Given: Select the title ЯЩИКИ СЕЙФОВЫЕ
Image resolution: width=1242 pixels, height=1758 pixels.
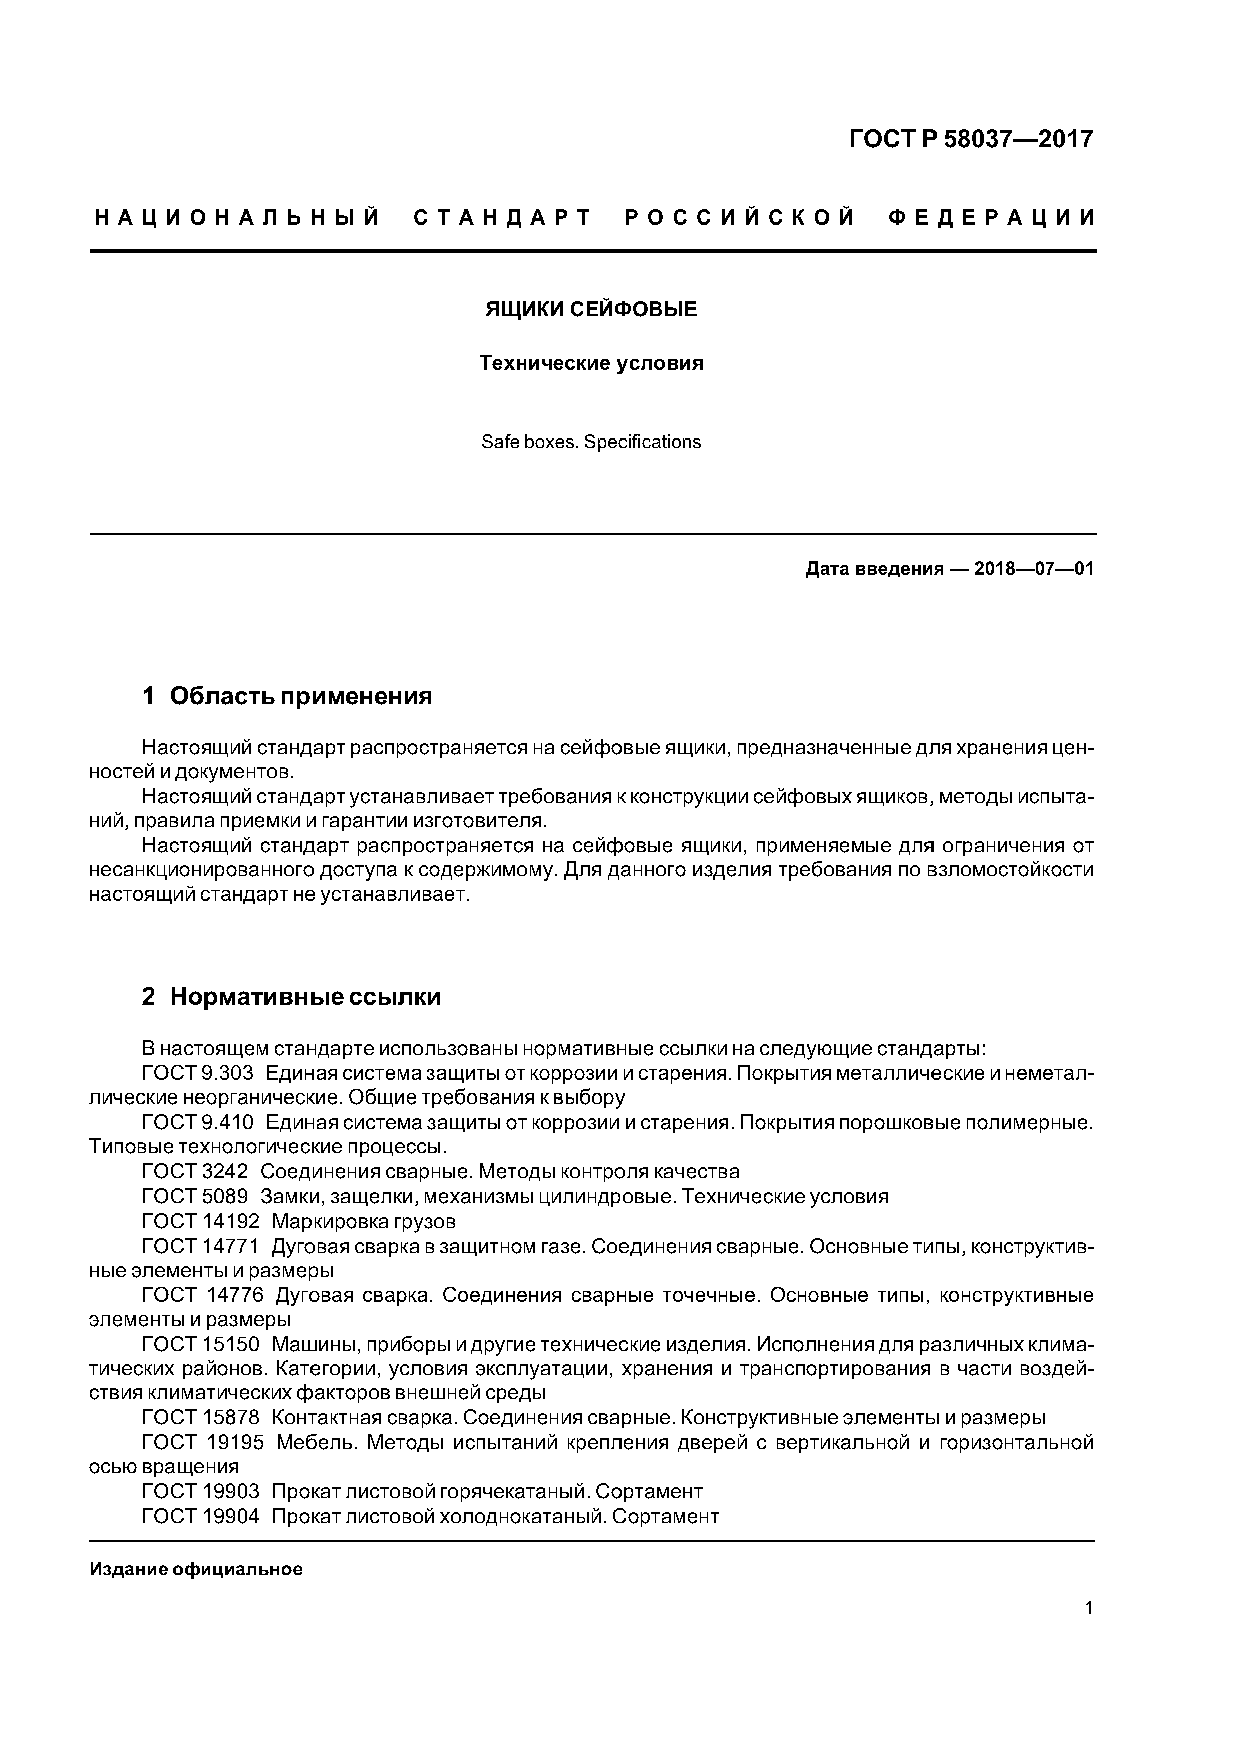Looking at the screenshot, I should [x=591, y=309].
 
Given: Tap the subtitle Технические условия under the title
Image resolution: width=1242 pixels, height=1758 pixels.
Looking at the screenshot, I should [x=591, y=363].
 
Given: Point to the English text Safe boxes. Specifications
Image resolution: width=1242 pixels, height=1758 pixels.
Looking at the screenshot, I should [x=591, y=442].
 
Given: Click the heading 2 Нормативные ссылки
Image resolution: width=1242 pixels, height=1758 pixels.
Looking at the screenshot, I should [x=291, y=997].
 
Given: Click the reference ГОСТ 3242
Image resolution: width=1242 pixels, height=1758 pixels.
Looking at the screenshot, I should [x=195, y=1172].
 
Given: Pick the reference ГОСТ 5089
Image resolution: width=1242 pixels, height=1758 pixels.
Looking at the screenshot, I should [x=195, y=1196].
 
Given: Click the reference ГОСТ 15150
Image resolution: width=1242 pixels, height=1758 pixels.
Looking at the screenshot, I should [x=200, y=1344].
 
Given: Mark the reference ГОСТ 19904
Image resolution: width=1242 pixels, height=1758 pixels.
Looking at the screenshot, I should [x=200, y=1516].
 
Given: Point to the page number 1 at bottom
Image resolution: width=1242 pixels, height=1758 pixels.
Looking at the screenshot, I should [x=1088, y=1629].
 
